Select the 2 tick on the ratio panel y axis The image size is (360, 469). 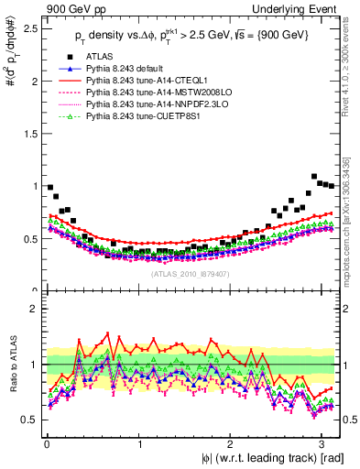(33, 310)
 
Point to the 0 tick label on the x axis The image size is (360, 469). (46, 443)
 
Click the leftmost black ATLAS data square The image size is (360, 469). (49, 187)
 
